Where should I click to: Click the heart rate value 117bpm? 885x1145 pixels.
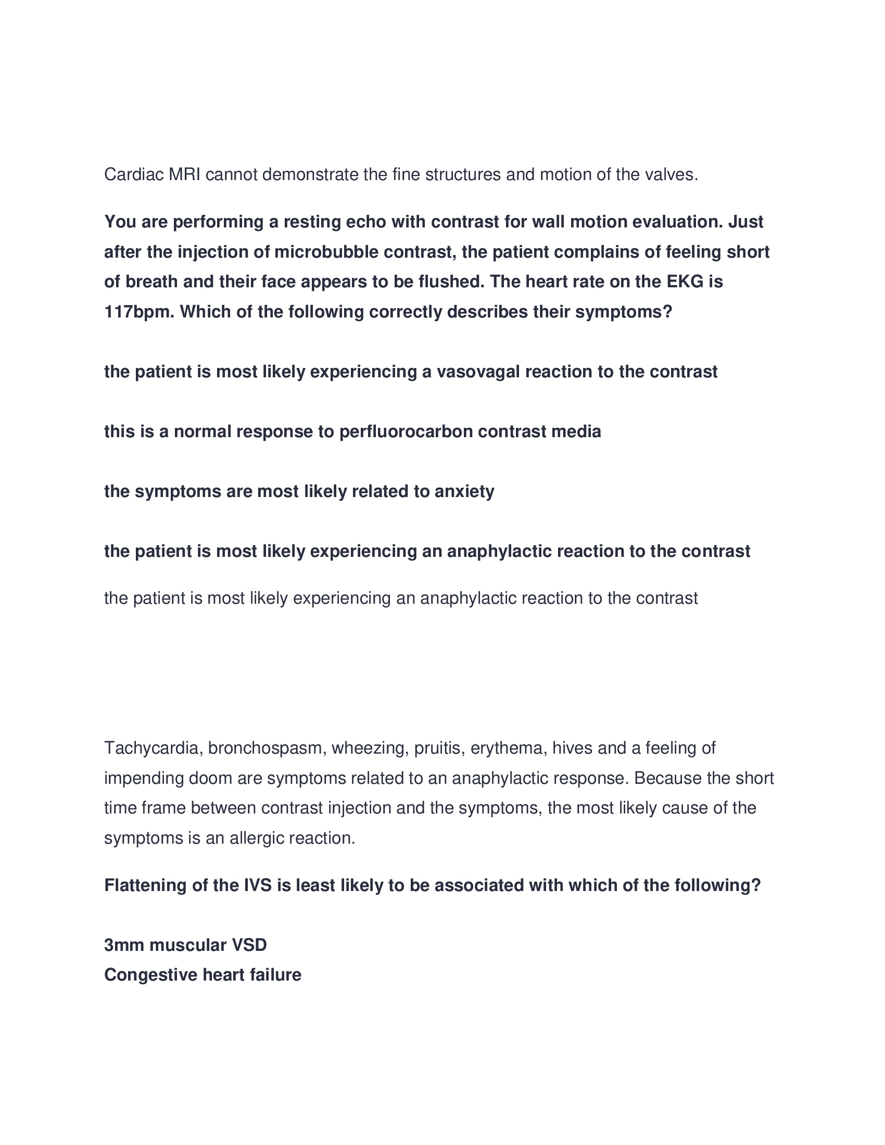(x=139, y=312)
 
